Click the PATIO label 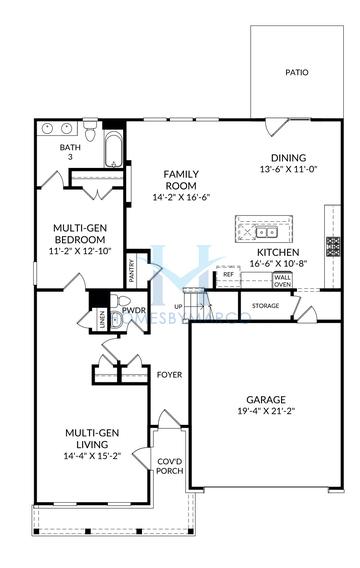click(297, 72)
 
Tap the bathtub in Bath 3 click(113, 149)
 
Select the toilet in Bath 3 click(90, 131)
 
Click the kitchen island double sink click(267, 232)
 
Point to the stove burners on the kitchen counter click(333, 247)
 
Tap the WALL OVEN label click(282, 281)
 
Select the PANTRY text click(131, 271)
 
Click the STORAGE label click(265, 306)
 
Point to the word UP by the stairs click(179, 307)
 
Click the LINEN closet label click(102, 320)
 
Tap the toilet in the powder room click(120, 301)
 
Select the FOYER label click(169, 375)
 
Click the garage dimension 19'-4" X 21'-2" click(266, 411)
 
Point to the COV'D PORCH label click(170, 466)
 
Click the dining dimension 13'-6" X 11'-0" click(289, 169)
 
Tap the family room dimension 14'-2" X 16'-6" click(181, 197)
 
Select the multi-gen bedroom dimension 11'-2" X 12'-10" click(80, 251)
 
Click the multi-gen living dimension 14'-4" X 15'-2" click(92, 456)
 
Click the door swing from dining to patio click(276, 128)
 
